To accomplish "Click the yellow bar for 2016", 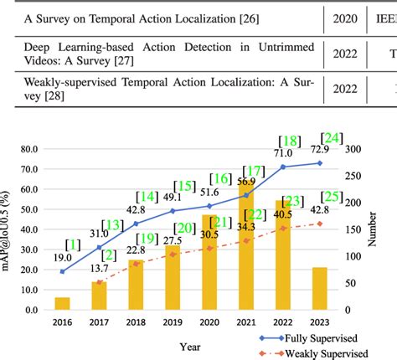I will [63, 303].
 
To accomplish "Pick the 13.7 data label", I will [100, 268].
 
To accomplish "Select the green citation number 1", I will [76, 244].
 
